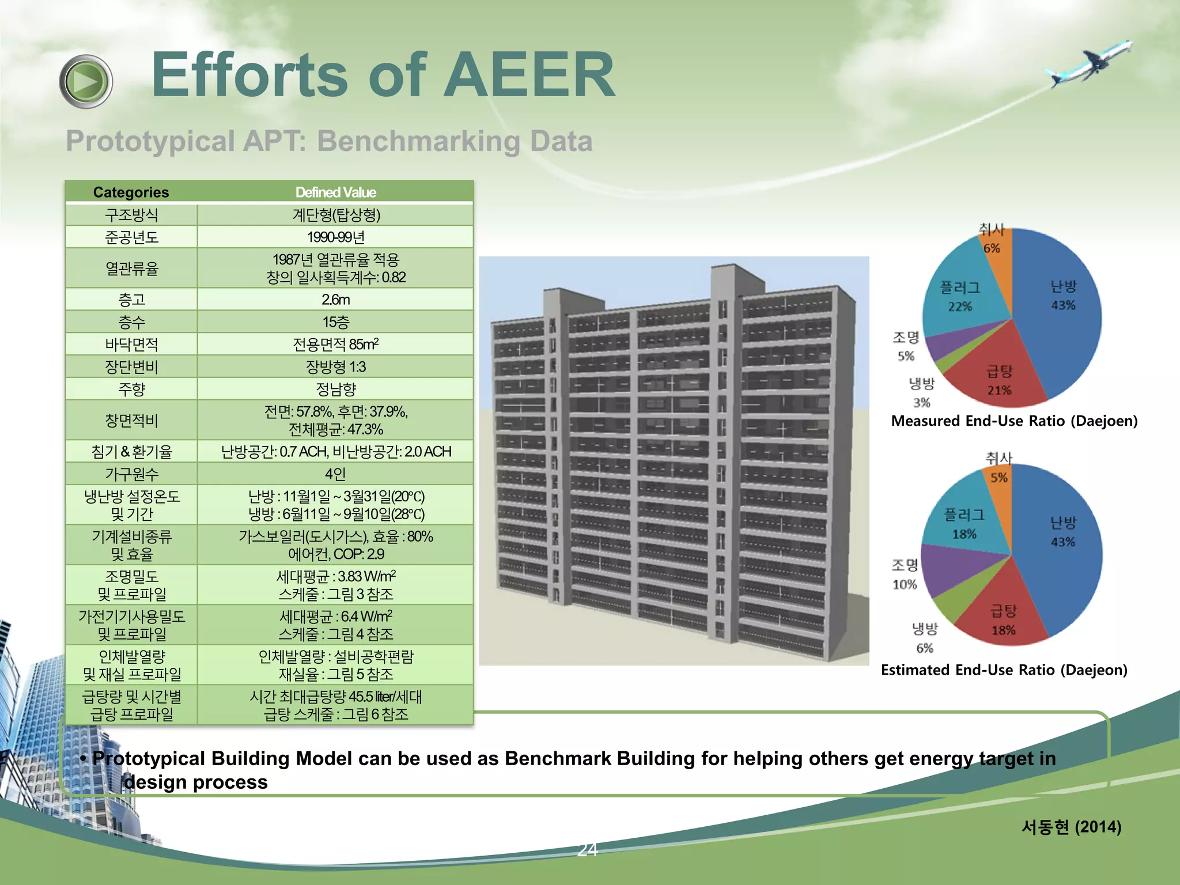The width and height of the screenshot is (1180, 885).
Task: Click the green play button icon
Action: [86, 81]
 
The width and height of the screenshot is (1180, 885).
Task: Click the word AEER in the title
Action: [528, 75]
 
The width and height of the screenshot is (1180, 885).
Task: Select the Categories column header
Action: [131, 192]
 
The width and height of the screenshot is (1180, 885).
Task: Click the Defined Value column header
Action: [335, 192]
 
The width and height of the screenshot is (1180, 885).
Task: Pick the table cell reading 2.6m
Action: [335, 300]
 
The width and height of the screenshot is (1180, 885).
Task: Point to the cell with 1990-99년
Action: [335, 237]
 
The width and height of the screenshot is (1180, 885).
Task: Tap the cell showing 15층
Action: [335, 322]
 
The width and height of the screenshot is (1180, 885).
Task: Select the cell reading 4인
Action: [335, 474]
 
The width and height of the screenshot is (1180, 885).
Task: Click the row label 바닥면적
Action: [131, 345]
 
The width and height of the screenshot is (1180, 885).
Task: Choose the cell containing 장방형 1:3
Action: [335, 367]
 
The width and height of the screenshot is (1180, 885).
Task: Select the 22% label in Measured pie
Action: [960, 307]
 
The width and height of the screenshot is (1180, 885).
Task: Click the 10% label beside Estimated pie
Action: [905, 584]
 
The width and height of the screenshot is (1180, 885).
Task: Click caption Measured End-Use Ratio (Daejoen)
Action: [1014, 421]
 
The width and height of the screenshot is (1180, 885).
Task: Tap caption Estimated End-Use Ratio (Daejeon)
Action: [1004, 670]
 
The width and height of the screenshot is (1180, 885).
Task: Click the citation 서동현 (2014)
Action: [1071, 827]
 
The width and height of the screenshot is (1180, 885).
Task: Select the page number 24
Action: [587, 849]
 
